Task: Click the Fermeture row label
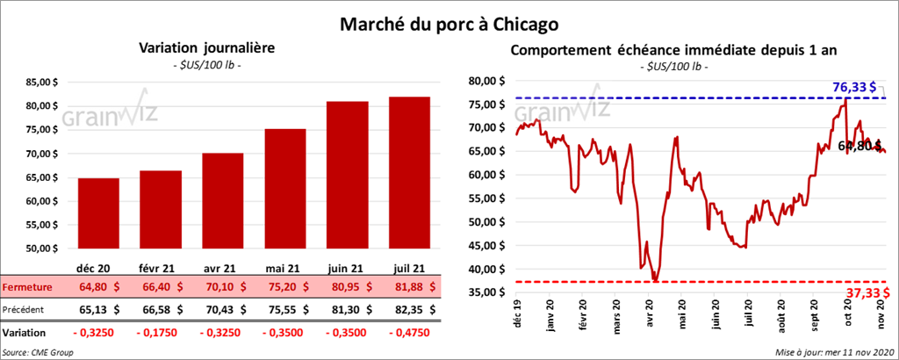point(27,286)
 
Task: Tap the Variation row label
point(25,334)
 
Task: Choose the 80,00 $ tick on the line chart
point(485,81)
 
